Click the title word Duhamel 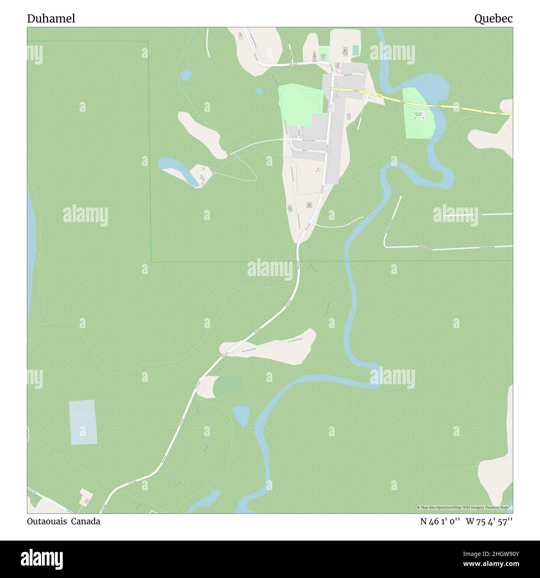tap(51, 19)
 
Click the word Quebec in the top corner tap(493, 19)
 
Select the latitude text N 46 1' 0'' tap(439, 521)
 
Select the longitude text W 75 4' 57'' tap(489, 521)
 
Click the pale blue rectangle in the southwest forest tap(83, 422)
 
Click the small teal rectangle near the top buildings tap(356, 50)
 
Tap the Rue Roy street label tap(305, 150)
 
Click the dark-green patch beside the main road tap(228, 385)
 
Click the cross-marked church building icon tap(314, 54)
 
